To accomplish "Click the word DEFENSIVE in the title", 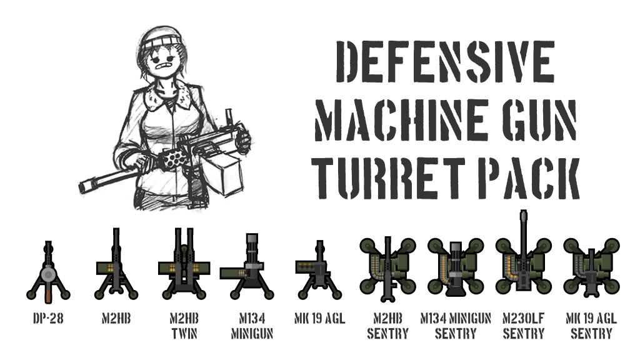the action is tap(445, 62).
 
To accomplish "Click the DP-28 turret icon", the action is tap(48, 272).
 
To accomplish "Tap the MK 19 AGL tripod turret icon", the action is tap(319, 270).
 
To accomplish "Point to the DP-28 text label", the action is tap(48, 318).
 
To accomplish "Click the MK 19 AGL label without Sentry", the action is tap(319, 318).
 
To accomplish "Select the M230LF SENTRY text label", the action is tap(524, 326).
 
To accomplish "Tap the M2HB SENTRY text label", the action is tap(387, 326).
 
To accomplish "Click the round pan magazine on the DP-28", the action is tap(48, 274).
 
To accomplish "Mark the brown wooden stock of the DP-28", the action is tap(48, 294).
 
